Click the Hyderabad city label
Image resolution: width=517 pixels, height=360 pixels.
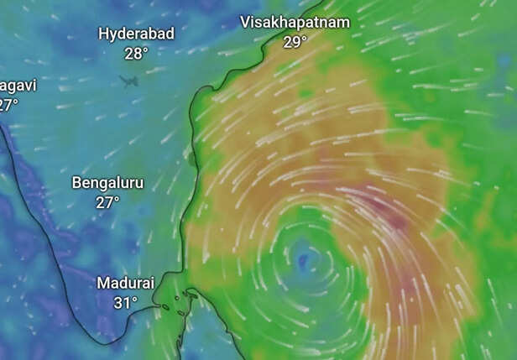click(x=136, y=34)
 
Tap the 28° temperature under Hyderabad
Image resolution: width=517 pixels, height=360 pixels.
click(x=136, y=53)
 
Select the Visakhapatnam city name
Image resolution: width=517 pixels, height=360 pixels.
click(x=295, y=23)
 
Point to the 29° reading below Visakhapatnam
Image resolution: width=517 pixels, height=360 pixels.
click(x=295, y=42)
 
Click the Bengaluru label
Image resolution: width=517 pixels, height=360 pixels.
click(x=107, y=182)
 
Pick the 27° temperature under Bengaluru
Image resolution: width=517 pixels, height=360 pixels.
click(x=107, y=202)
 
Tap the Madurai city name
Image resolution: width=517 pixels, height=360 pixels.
click(x=125, y=283)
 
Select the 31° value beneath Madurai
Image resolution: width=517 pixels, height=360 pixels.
click(x=125, y=302)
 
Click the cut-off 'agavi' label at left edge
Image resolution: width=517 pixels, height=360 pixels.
click(x=18, y=86)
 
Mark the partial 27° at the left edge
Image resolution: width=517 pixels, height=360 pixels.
click(x=8, y=105)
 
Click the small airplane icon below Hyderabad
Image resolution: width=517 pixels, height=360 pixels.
click(x=128, y=81)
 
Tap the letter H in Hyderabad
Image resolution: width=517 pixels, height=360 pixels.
click(x=104, y=34)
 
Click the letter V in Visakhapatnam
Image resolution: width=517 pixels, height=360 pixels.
click(x=245, y=23)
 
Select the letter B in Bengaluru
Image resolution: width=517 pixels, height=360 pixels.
click(x=76, y=182)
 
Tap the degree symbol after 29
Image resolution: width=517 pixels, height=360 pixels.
click(x=305, y=38)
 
